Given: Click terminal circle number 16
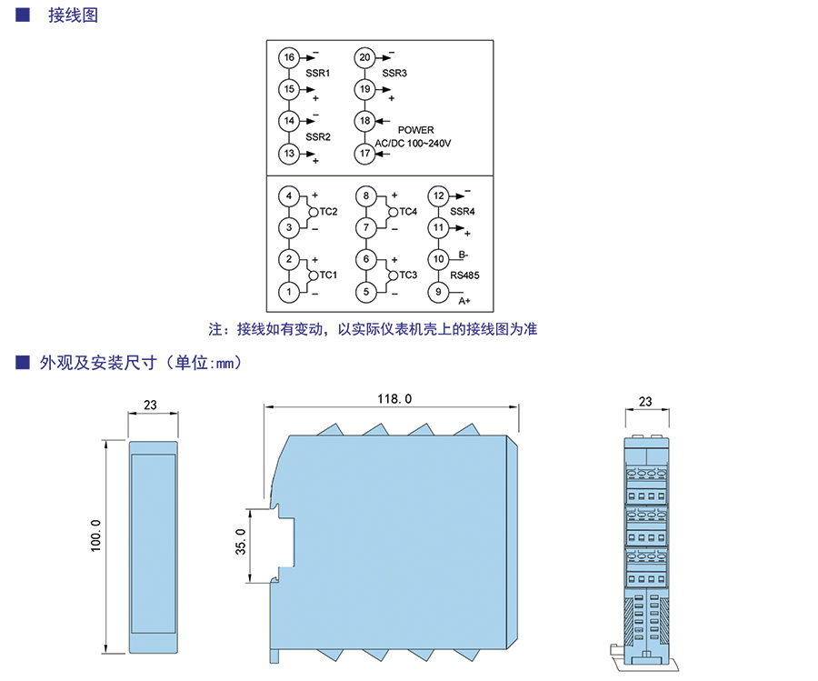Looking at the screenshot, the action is [x=289, y=57].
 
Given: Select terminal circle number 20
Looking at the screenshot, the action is [x=364, y=57].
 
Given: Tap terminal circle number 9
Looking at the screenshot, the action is [x=438, y=292].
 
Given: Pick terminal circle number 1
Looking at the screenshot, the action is [x=289, y=292].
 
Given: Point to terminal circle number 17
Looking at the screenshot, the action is [x=364, y=154].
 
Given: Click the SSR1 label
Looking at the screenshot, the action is [x=318, y=73].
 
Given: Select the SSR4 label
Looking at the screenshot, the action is [x=463, y=211].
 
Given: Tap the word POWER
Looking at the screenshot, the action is [x=415, y=130].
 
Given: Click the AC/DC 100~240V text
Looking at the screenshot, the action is [x=413, y=143].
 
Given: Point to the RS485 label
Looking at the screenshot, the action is [x=464, y=275].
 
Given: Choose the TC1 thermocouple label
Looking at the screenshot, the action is [x=328, y=275].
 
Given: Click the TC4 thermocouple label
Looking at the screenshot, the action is [x=408, y=211].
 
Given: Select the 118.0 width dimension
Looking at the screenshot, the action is [x=394, y=399].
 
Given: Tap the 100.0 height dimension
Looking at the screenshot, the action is [x=96, y=536].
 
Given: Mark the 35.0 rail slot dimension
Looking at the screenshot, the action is [x=241, y=541].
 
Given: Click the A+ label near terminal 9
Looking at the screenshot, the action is [x=464, y=301].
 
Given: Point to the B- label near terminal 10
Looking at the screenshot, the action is [x=464, y=255].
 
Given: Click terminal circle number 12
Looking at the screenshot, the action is [x=438, y=196].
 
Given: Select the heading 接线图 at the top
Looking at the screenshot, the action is [x=73, y=15].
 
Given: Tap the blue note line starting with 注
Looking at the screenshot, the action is [x=373, y=329].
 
